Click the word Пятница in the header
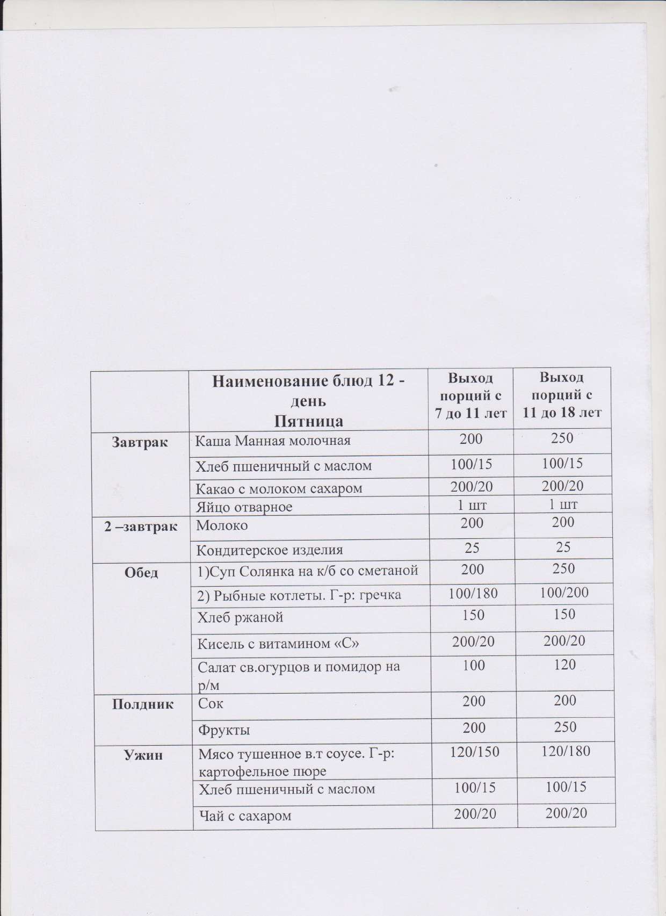[x=309, y=421]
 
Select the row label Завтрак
[x=140, y=442]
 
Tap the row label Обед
[x=142, y=573]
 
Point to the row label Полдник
[x=143, y=704]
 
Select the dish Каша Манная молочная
[x=272, y=442]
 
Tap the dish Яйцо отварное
[x=244, y=506]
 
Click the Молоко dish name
[x=222, y=525]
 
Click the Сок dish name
[x=211, y=703]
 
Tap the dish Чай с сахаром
[x=245, y=816]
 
